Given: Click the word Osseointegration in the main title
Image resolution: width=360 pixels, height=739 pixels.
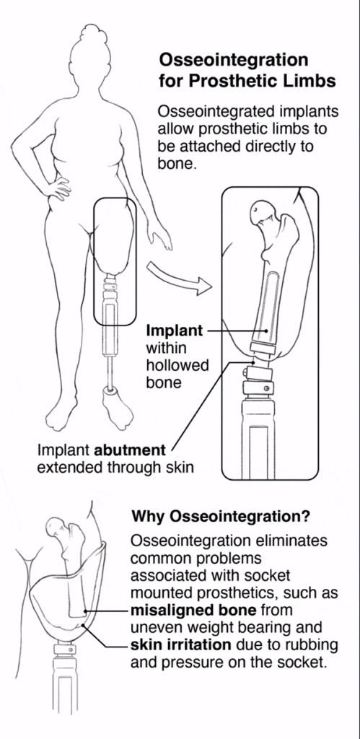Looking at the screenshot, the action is pos(234,61).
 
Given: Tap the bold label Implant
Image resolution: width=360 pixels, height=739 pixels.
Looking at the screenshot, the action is pos(175,331).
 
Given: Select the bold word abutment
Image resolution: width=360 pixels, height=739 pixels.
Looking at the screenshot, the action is pos(130,450).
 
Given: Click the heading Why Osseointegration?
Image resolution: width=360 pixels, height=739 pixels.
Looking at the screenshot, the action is pos(221,517).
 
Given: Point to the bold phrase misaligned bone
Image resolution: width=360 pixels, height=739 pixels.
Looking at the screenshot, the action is pos(193,611).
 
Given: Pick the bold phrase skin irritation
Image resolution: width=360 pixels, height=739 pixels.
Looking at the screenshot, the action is pos(180,644).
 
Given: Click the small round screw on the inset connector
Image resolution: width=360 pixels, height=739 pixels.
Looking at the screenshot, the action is pos(267,388).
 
